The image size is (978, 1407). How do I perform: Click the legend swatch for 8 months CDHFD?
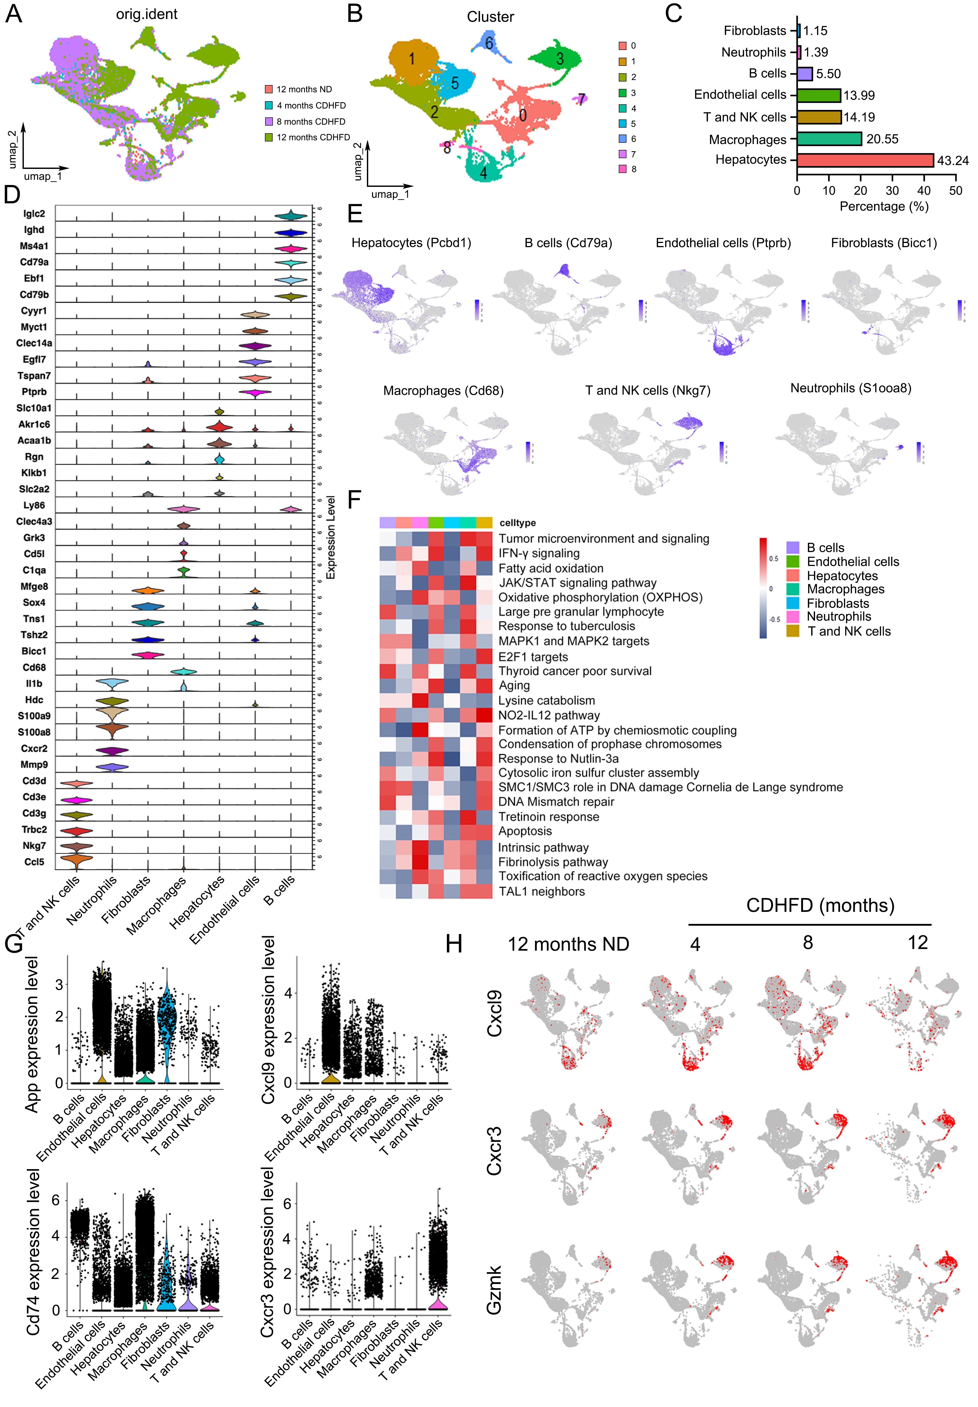pyautogui.click(x=269, y=121)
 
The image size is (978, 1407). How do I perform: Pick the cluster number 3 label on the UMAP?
pyautogui.click(x=560, y=59)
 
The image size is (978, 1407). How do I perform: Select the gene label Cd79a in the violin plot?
pyautogui.click(x=34, y=262)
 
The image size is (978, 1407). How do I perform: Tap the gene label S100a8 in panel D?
pyautogui.click(x=34, y=732)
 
